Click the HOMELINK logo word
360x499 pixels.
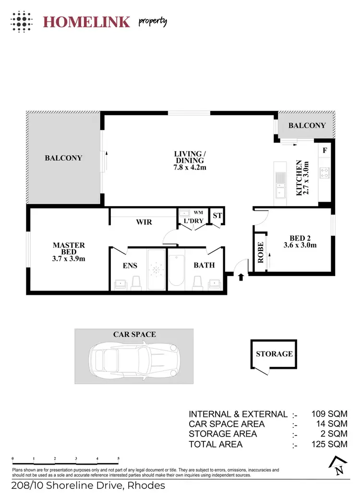(x=86, y=22)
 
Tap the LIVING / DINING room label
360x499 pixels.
(x=189, y=160)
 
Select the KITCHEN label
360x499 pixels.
(x=299, y=178)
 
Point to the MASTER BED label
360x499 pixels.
(x=69, y=252)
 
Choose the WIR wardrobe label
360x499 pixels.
(x=144, y=222)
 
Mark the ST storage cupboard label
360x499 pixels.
(x=217, y=216)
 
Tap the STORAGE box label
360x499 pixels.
(x=274, y=354)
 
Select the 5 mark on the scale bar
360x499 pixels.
(x=118, y=459)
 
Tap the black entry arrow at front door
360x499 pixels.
(x=240, y=277)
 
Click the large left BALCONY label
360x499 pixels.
(x=63, y=158)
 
